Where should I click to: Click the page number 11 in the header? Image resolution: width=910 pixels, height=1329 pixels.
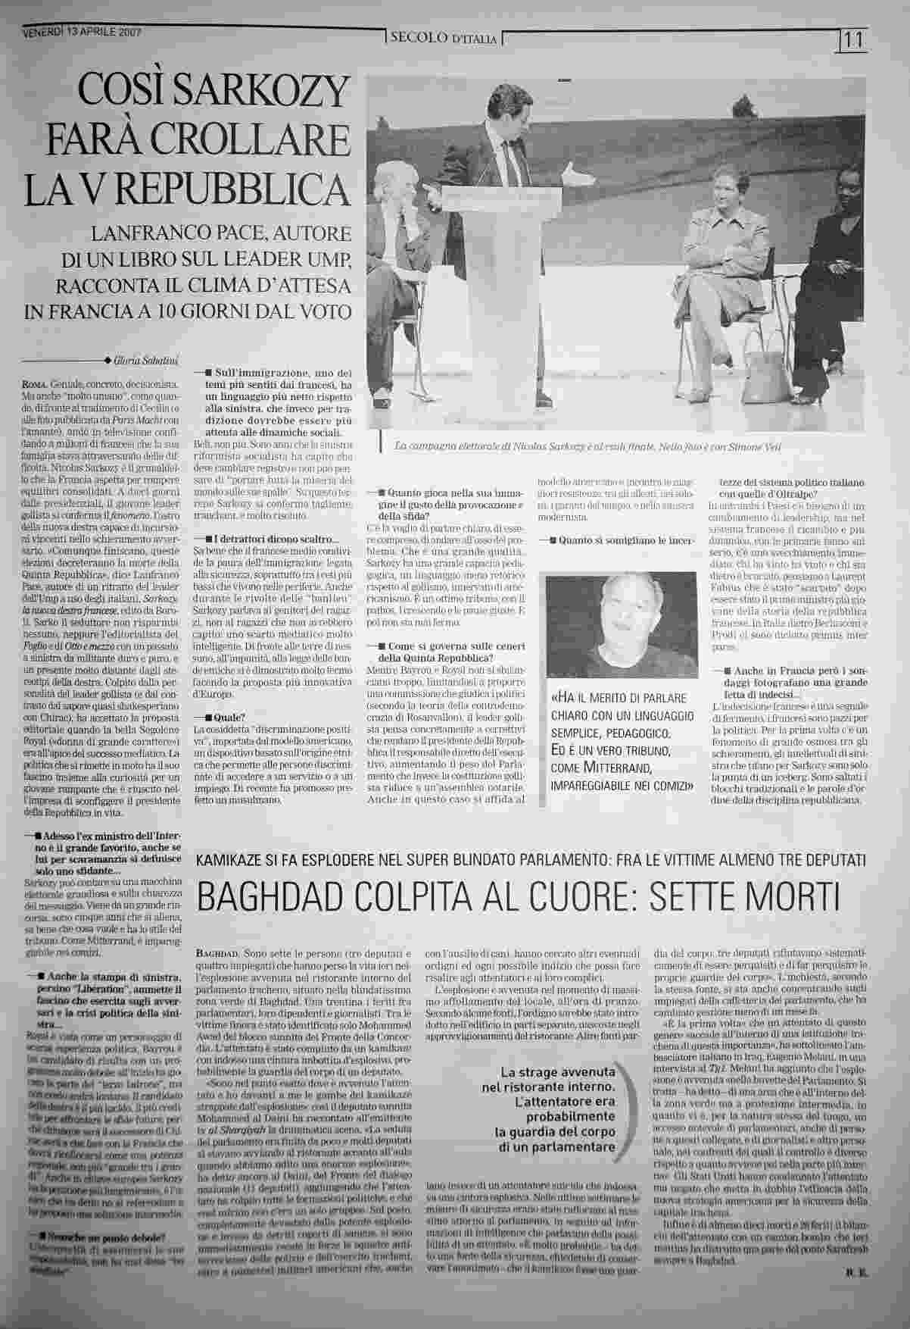tap(853, 39)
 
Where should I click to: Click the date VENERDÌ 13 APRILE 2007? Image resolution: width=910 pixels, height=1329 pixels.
tap(83, 33)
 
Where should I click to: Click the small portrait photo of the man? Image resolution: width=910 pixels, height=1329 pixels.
tap(621, 623)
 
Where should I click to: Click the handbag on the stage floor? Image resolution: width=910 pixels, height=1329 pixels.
tap(762, 383)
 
